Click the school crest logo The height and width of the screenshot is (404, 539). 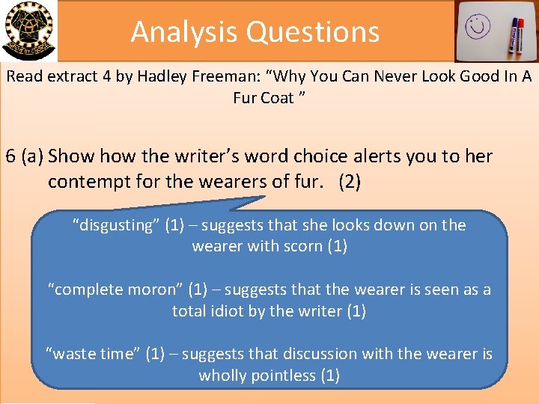pyautogui.click(x=28, y=30)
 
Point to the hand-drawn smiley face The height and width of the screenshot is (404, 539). pyautogui.click(x=476, y=27)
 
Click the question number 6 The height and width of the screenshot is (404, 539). pyautogui.click(x=10, y=156)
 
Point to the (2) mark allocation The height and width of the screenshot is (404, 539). pyautogui.click(x=350, y=182)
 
